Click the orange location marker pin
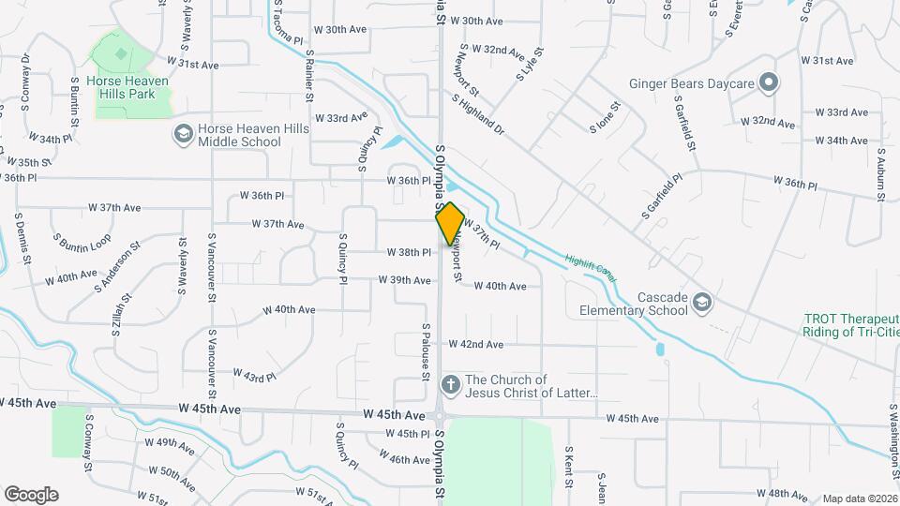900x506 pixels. click(450, 223)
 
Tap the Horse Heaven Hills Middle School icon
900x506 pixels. click(182, 135)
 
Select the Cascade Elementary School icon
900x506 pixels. click(702, 302)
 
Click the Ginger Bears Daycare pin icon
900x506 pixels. click(769, 84)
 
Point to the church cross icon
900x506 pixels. click(450, 384)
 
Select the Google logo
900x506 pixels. click(31, 494)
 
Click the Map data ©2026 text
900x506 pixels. click(859, 499)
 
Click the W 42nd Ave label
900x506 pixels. click(476, 345)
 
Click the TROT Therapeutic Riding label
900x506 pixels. click(851, 325)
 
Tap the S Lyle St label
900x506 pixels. click(530, 65)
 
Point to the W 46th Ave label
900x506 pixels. click(405, 459)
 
